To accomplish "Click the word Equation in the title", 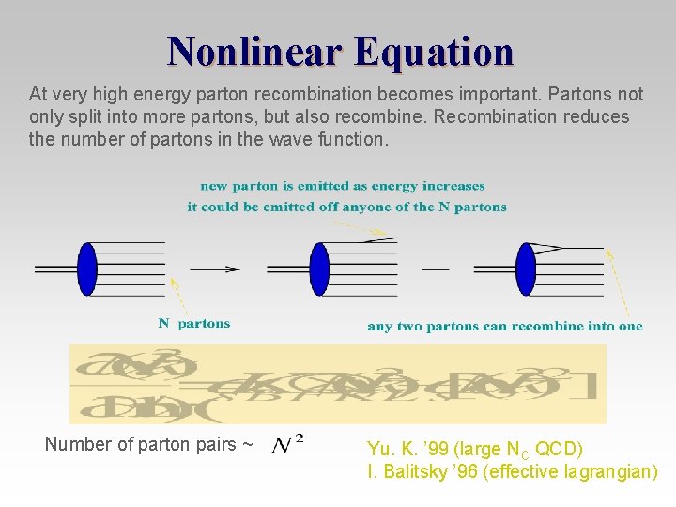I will click(x=435, y=51).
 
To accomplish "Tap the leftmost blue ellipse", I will click(x=87, y=269).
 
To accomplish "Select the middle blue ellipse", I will click(x=319, y=269).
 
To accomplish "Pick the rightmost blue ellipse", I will click(x=525, y=269).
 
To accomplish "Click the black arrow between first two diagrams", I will click(x=215, y=269).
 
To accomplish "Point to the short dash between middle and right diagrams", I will click(x=436, y=269).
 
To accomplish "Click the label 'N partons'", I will click(x=193, y=324).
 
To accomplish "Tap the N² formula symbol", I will click(x=287, y=443).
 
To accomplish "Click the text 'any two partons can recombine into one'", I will click(x=504, y=327).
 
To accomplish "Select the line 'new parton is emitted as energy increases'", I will click(x=342, y=186).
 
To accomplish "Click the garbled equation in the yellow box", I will click(x=338, y=383).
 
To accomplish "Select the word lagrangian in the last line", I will click(x=613, y=471).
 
